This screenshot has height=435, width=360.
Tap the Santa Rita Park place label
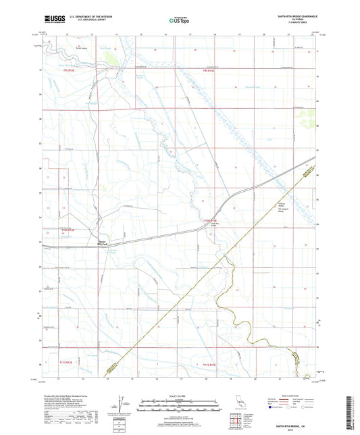pos(103,244)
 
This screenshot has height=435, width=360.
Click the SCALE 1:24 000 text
pos(179,396)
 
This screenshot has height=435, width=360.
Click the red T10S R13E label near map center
pos(211,220)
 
